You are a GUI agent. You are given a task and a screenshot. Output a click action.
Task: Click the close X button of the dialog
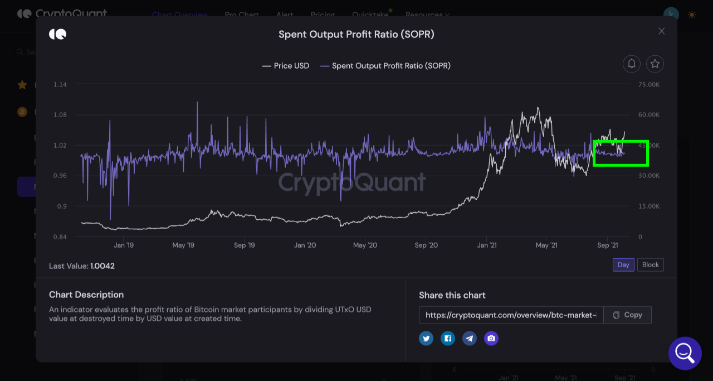[x=662, y=31]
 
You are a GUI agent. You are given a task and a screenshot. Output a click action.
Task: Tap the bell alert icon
[x=632, y=64]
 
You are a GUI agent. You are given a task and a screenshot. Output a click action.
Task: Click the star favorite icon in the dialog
[x=655, y=64]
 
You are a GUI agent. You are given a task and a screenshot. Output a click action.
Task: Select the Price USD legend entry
[x=286, y=66]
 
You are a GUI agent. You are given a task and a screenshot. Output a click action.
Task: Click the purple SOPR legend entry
[x=385, y=66]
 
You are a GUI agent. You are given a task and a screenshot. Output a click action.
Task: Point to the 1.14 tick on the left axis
[x=60, y=85]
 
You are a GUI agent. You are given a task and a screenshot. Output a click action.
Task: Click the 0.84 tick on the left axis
[x=60, y=237]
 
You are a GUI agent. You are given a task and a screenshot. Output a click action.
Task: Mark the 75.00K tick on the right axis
[x=649, y=85]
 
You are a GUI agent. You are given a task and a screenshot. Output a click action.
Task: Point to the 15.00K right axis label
[x=649, y=206]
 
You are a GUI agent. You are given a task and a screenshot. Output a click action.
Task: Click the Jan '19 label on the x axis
[x=124, y=245]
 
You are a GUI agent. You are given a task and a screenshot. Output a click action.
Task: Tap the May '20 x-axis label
[x=365, y=245]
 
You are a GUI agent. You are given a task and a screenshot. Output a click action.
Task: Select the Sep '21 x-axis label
[x=608, y=245]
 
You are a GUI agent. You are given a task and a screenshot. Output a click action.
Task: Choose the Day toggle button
[x=623, y=265]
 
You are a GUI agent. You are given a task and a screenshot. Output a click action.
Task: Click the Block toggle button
[x=651, y=265]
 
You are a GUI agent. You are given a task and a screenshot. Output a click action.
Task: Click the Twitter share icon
[x=426, y=338]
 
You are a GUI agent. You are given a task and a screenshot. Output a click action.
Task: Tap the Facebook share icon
[x=448, y=338]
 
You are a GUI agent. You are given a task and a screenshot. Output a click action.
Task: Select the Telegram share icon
[x=470, y=338]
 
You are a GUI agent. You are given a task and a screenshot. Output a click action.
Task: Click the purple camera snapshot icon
[x=491, y=338]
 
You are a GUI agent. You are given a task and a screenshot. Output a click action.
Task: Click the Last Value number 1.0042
[x=102, y=266]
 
